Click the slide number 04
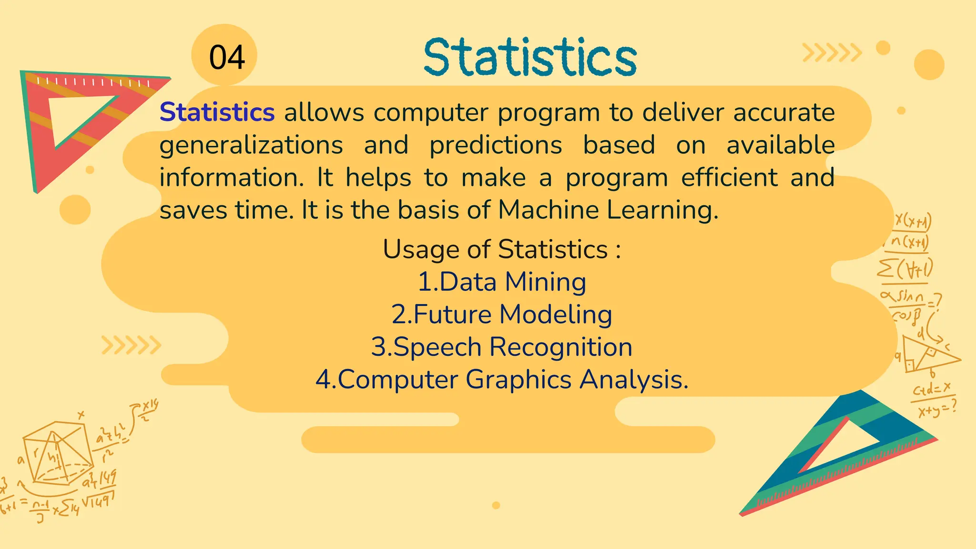(x=227, y=58)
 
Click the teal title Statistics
(x=530, y=58)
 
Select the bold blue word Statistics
(x=217, y=112)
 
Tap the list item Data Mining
(x=502, y=282)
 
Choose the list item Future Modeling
(x=502, y=315)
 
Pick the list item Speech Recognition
(x=502, y=347)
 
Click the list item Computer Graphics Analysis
(x=502, y=380)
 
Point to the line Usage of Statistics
(x=502, y=249)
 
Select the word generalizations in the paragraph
(x=251, y=145)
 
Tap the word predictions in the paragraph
(x=496, y=145)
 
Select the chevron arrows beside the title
(x=832, y=53)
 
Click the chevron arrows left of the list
(x=131, y=346)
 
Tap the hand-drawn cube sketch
(x=57, y=453)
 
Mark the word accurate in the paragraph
(x=783, y=112)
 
